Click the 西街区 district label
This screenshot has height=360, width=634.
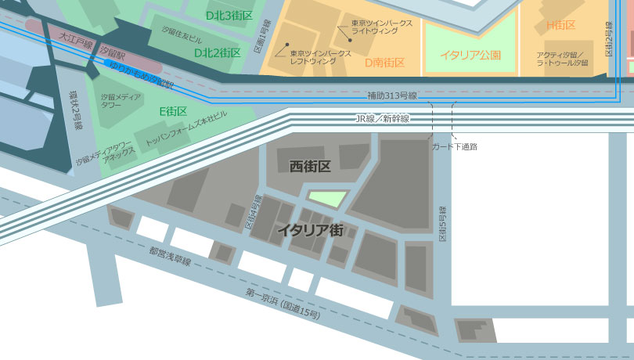tap(310, 166)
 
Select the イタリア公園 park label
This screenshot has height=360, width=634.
tap(470, 55)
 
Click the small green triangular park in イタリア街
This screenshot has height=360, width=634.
tap(326, 198)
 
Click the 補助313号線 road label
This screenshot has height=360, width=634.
tap(392, 95)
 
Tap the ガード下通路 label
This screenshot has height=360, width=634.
tap(455, 146)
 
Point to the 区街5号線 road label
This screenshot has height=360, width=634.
tap(442, 225)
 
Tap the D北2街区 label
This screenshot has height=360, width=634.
tap(217, 52)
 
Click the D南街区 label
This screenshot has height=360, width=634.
tap(384, 62)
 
